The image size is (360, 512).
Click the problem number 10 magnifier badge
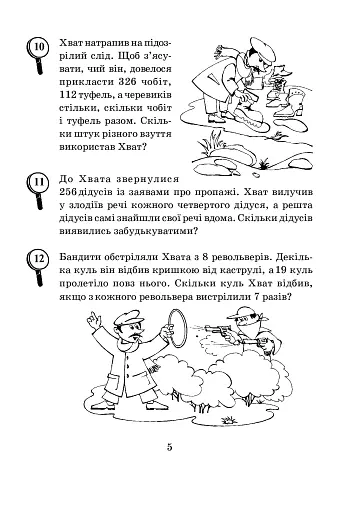point(39,47)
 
